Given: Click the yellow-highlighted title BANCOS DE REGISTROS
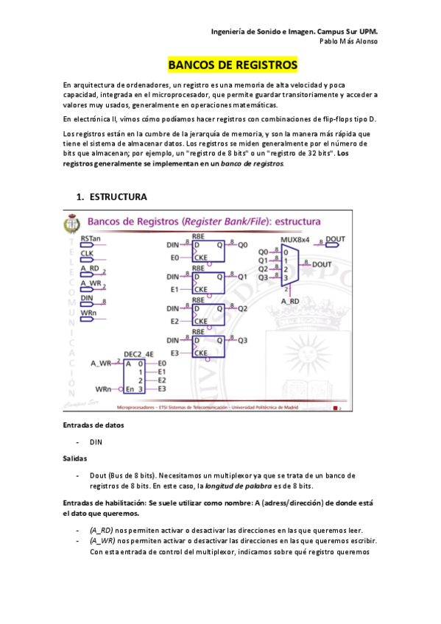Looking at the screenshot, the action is coord(233,65).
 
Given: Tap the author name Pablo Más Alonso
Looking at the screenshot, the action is coord(348,41).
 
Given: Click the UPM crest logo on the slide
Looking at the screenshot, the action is coord(72,223).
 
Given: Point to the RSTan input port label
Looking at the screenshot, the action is coord(91,238).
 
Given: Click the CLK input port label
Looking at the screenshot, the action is coord(87,254).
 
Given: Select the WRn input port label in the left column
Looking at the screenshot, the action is coord(88,314).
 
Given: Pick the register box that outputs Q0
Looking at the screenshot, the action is coord(208,251).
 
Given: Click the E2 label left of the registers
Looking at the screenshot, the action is coord(174,322).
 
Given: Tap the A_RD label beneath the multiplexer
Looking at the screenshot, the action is coord(290,301).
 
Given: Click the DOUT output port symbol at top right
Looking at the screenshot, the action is coord(334,239).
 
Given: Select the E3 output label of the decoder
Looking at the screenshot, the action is coord(162,389).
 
